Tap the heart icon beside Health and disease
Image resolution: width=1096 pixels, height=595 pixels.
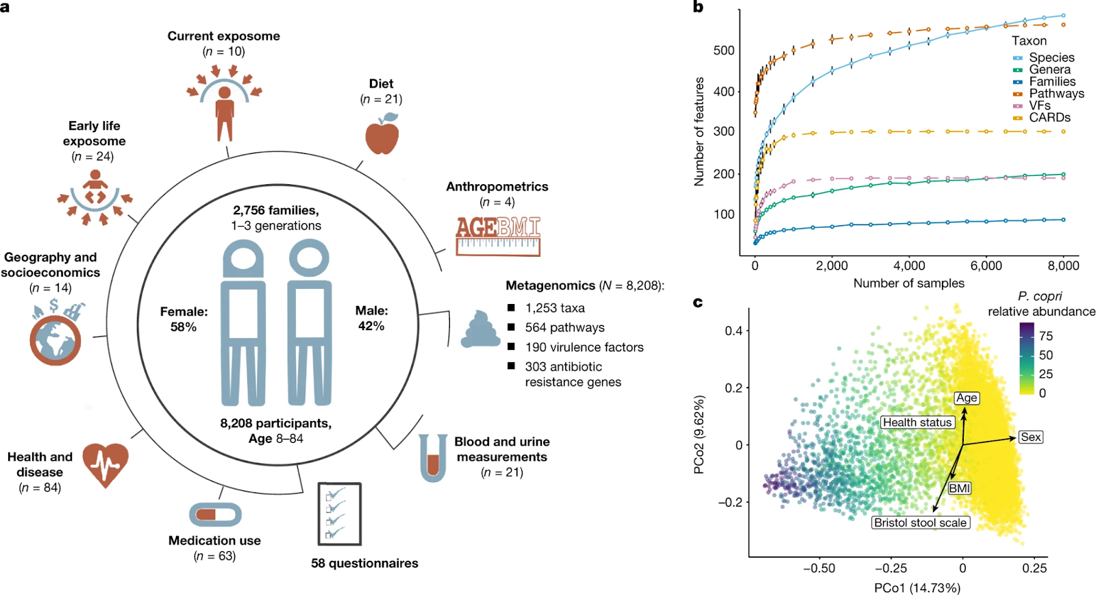click(x=105, y=464)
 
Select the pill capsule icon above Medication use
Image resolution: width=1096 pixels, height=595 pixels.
click(x=215, y=514)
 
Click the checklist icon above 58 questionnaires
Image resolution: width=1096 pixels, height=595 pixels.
click(x=339, y=514)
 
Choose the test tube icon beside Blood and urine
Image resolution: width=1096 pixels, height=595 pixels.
click(x=433, y=457)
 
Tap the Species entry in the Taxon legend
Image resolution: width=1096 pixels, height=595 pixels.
click(x=1051, y=58)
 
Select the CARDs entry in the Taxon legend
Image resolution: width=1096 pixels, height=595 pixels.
click(x=1049, y=117)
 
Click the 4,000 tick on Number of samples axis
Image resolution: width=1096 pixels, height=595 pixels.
click(x=909, y=266)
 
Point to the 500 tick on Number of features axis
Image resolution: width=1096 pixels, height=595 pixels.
click(x=723, y=51)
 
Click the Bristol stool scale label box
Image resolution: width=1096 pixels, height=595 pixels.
click(x=921, y=522)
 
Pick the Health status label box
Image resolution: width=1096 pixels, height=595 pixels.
click(x=917, y=422)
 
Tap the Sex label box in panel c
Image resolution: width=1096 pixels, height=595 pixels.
click(x=1030, y=437)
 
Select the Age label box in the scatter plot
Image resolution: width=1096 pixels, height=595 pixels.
click(x=967, y=398)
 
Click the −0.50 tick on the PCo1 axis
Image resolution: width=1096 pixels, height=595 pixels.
click(x=819, y=568)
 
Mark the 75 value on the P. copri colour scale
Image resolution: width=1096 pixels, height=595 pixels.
click(x=1046, y=336)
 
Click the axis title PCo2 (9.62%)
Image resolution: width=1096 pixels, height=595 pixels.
click(x=699, y=435)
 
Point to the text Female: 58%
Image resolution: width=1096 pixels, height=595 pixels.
click(x=184, y=319)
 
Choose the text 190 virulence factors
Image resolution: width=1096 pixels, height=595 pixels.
click(x=584, y=347)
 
